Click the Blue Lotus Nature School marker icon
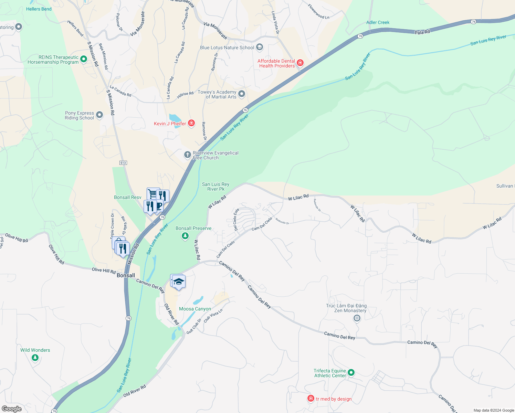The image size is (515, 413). point(260,47)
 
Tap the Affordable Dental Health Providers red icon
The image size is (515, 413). point(300,63)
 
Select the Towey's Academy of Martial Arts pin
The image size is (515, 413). point(242,94)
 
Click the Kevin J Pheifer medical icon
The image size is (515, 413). point(191,123)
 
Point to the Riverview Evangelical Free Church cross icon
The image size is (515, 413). point(187,155)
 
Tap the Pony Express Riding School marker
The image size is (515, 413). point(99,115)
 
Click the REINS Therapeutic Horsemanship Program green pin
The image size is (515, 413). point(83,60)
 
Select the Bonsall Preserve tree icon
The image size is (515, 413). point(185,236)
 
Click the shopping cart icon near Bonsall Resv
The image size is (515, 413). point(153,194)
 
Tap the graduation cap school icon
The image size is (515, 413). point(178,282)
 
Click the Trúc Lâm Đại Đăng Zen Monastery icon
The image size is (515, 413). point(357,318)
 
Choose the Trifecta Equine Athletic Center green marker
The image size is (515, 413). point(351,373)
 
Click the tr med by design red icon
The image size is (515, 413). point(311,399)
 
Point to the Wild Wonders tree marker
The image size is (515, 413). point(35,358)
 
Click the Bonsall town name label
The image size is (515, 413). point(126,275)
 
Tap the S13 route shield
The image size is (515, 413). point(123,163)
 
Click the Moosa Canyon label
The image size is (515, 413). point(195,309)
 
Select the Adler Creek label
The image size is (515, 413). point(378,22)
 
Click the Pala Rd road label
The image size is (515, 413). point(422,32)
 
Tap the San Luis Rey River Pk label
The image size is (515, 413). point(216,187)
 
